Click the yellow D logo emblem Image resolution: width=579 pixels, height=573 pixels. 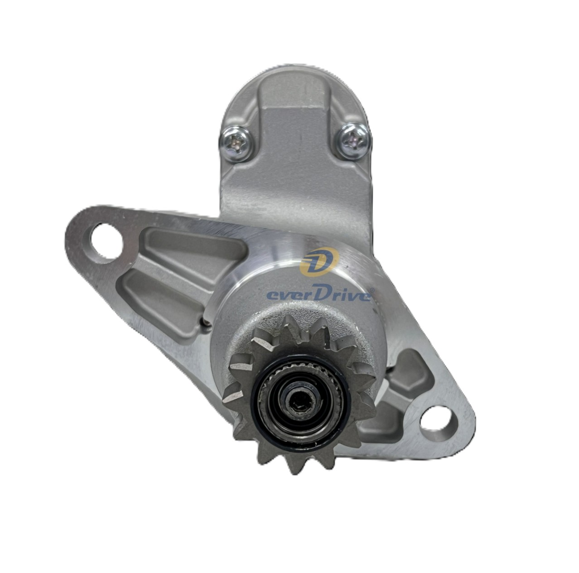pyautogui.click(x=319, y=261)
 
